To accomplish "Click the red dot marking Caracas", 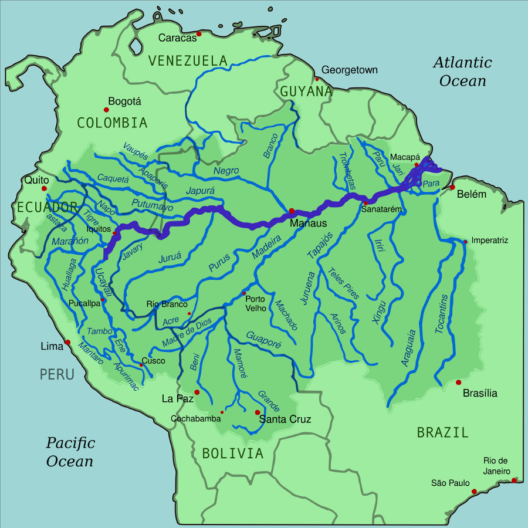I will click(x=199, y=34).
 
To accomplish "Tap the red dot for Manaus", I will click(x=292, y=211).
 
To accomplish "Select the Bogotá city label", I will click(x=125, y=101).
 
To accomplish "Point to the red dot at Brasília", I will click(x=458, y=383).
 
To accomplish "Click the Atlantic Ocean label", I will click(x=462, y=71).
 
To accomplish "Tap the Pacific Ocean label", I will click(x=70, y=452).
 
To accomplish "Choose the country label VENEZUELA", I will click(x=187, y=60).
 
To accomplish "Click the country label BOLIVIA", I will click(x=232, y=453).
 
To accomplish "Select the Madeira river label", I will click(x=267, y=247).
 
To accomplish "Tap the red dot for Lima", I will click(x=67, y=343).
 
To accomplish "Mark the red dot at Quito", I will click(x=44, y=189).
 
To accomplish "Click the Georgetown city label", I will click(x=350, y=70).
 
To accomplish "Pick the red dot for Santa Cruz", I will click(x=257, y=412).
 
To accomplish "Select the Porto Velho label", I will click(x=256, y=303).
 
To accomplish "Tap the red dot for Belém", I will click(x=452, y=187).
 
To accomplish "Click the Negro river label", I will click(x=226, y=170).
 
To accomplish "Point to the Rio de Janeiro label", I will click(x=496, y=466).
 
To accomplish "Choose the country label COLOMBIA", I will click(x=112, y=123).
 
